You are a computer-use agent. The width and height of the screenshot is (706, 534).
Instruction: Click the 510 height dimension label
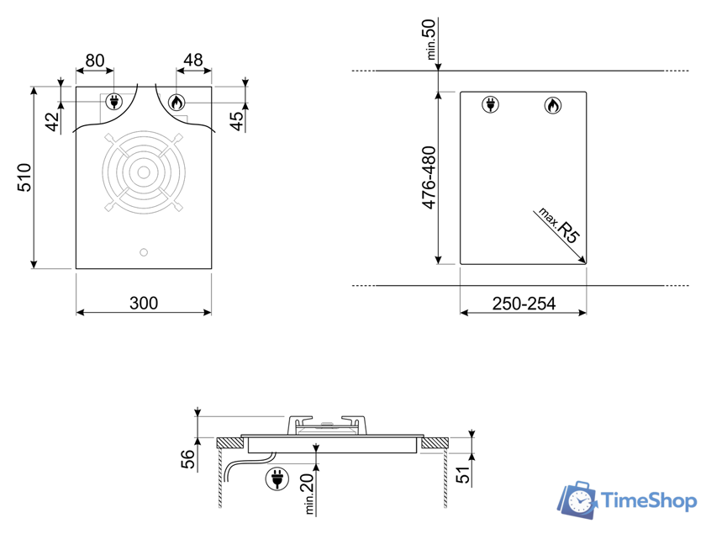pos(24,177)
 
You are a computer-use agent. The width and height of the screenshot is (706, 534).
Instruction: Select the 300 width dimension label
pos(144,304)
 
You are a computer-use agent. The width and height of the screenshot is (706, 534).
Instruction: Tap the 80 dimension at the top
pos(94,61)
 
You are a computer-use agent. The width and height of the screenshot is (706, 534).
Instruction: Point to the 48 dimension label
pos(193,60)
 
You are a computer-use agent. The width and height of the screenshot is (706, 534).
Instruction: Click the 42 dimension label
pos(53,121)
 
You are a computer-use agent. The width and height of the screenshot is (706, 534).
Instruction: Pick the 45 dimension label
pos(236,121)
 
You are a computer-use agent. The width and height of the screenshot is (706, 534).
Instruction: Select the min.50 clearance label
pos(429,40)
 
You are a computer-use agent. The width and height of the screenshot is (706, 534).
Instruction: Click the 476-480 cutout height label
pos(429,177)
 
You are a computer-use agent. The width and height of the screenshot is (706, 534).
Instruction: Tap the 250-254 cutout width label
pos(524,304)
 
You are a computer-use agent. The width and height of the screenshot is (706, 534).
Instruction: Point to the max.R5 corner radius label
pos(559,225)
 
